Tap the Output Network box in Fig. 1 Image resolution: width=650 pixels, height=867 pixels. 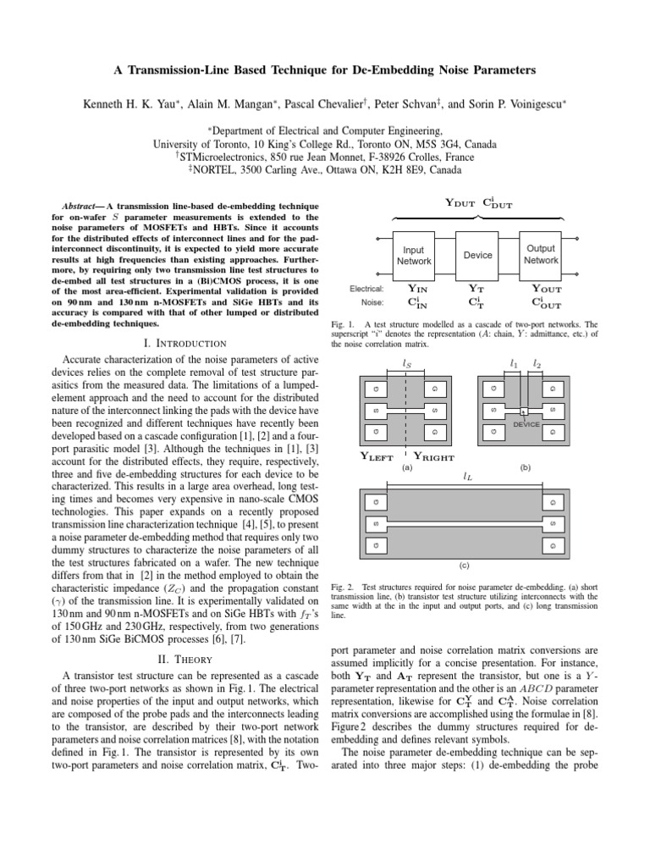point(541,255)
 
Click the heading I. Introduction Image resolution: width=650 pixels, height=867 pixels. point(184,343)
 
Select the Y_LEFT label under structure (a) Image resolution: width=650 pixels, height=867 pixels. point(377,456)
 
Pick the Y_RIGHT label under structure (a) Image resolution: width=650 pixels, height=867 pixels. point(433,456)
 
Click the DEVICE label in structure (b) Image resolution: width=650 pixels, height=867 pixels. point(526,424)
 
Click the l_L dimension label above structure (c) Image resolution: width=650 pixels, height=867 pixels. point(468,478)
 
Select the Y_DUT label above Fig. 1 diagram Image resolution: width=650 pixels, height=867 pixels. point(461,202)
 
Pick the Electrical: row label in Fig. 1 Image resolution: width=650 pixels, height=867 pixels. point(366,289)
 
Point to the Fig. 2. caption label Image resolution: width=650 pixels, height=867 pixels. point(343,587)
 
